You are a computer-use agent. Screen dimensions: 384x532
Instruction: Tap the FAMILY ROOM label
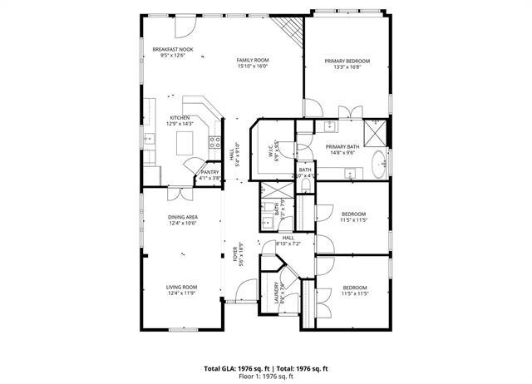click(253, 61)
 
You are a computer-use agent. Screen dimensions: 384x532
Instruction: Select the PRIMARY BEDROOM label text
click(347, 62)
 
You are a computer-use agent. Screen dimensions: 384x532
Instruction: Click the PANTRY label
click(209, 172)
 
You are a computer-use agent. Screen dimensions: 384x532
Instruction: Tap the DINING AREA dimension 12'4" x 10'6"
click(181, 223)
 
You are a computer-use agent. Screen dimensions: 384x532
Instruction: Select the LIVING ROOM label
click(181, 287)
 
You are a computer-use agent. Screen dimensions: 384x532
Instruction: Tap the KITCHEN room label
click(180, 118)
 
